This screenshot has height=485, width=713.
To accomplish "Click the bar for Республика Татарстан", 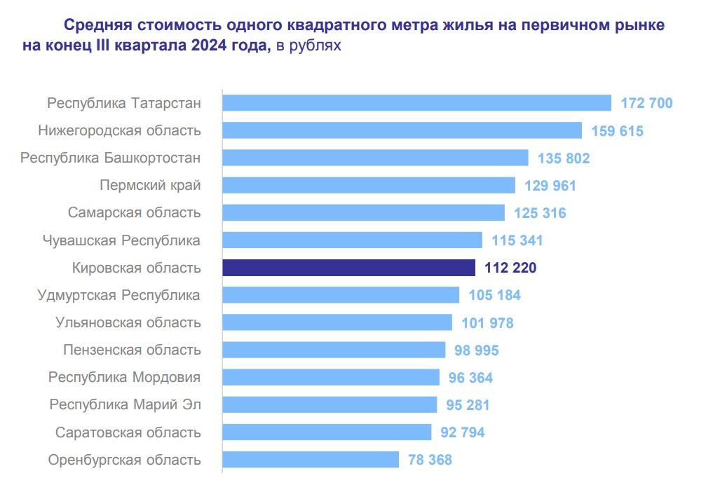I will pos(416,103).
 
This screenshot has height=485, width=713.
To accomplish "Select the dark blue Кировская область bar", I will pos(348,268).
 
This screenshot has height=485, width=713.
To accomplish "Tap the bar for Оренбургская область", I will pos(311,460).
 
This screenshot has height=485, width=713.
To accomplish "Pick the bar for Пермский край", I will pos(369,185).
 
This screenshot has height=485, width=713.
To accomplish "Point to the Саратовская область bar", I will pos(327,432).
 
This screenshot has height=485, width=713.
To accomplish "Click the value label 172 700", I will pos(646,104).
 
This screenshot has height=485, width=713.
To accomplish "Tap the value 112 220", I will pos(510,268).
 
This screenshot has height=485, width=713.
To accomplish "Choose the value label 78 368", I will pos(429,460).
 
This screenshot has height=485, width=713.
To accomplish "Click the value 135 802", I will pos(564,158).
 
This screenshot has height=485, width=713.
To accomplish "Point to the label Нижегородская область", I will pos(119,130).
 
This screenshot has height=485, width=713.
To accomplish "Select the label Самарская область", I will pos(135,212).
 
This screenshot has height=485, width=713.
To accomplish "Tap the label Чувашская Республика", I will pos(121,240).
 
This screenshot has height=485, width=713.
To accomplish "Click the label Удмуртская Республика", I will pos(118,295).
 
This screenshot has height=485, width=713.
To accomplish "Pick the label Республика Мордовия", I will pos(124,377).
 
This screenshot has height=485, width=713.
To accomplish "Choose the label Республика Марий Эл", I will pos(125,404).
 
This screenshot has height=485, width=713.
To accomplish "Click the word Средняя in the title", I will pos(95,26).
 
